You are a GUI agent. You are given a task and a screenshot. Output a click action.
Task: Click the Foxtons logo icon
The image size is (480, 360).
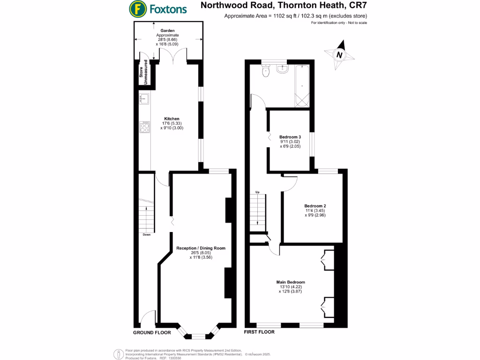coord(137,8)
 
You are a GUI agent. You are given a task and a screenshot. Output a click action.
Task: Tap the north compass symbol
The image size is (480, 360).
coord(339,54)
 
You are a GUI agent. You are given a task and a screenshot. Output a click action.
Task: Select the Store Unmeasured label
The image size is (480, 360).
coord(143,73)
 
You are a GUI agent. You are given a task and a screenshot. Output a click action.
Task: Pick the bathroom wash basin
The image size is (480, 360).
coord(283,69)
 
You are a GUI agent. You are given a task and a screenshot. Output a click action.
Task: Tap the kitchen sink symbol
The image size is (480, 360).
coord(144,98)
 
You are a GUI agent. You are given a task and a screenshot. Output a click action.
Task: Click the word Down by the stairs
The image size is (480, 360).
coord(147,235)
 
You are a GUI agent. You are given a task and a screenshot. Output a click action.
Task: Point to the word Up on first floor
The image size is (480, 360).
coord(257,193)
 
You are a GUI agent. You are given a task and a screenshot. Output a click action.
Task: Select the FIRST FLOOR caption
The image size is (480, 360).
coord(259,332)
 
